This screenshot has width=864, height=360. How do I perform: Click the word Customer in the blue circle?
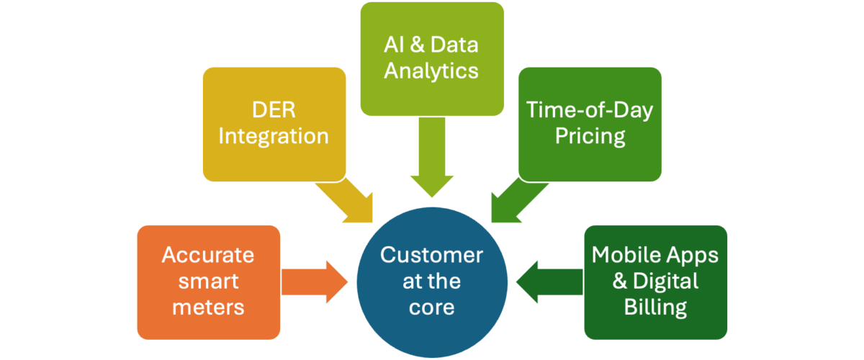point(432,255)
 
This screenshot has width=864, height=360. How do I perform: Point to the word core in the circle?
point(432,307)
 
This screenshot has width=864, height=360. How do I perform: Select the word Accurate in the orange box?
point(208,255)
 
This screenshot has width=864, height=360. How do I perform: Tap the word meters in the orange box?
point(208,307)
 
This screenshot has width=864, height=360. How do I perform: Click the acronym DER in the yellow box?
point(274,110)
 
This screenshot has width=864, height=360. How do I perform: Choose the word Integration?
point(274,136)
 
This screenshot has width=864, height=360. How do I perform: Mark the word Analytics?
point(432,71)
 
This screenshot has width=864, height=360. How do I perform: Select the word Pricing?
point(590,136)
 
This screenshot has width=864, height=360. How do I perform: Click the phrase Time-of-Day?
point(590,110)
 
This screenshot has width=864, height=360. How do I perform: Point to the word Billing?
point(655,307)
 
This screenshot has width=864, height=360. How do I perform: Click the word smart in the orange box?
point(208,282)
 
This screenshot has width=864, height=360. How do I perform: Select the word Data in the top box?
point(455,45)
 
